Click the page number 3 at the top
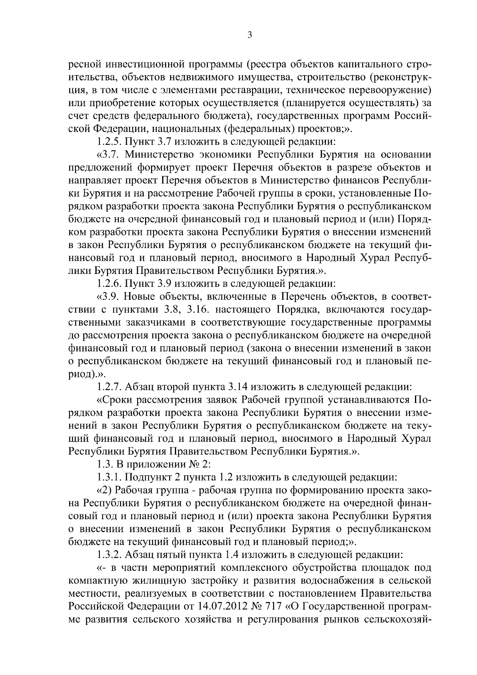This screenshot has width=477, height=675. coord(250,35)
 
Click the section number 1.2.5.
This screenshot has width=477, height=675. coord(109,141)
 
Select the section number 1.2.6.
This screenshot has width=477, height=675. coord(109,284)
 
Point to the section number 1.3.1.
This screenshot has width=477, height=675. coord(109,477)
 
